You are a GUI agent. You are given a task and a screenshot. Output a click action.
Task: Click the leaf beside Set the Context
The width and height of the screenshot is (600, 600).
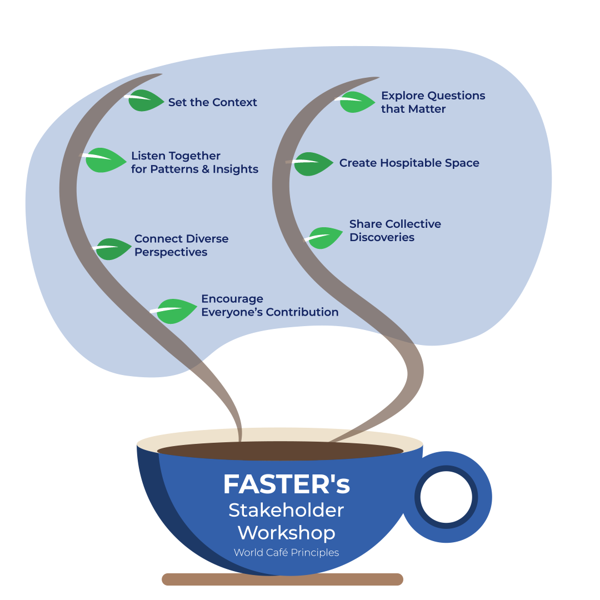pos(147,101)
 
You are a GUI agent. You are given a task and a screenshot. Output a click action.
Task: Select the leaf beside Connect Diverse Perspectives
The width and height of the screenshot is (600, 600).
pos(114,249)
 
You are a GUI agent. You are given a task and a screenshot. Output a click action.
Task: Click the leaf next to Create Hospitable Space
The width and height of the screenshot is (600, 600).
pos(313,164)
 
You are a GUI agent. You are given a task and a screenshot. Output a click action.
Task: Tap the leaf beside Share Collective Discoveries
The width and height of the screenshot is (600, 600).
pos(326,237)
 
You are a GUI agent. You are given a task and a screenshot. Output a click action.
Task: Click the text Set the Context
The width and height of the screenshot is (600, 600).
pos(213,102)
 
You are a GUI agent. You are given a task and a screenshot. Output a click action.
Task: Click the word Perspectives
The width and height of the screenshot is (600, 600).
pos(171,252)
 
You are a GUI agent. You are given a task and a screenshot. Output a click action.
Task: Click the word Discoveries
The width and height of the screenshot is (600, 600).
pos(382,237)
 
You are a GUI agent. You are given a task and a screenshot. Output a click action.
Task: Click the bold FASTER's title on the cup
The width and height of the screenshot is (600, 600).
pos(286,484)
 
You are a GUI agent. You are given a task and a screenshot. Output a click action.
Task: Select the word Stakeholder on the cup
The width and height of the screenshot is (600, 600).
pos(286,510)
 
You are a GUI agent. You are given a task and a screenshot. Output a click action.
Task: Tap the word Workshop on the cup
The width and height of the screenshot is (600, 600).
pos(286,533)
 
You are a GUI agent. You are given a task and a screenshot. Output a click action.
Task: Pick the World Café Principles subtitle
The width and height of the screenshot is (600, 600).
pos(286,553)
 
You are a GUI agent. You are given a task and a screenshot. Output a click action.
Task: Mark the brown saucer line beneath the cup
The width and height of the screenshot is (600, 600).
pos(282,579)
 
